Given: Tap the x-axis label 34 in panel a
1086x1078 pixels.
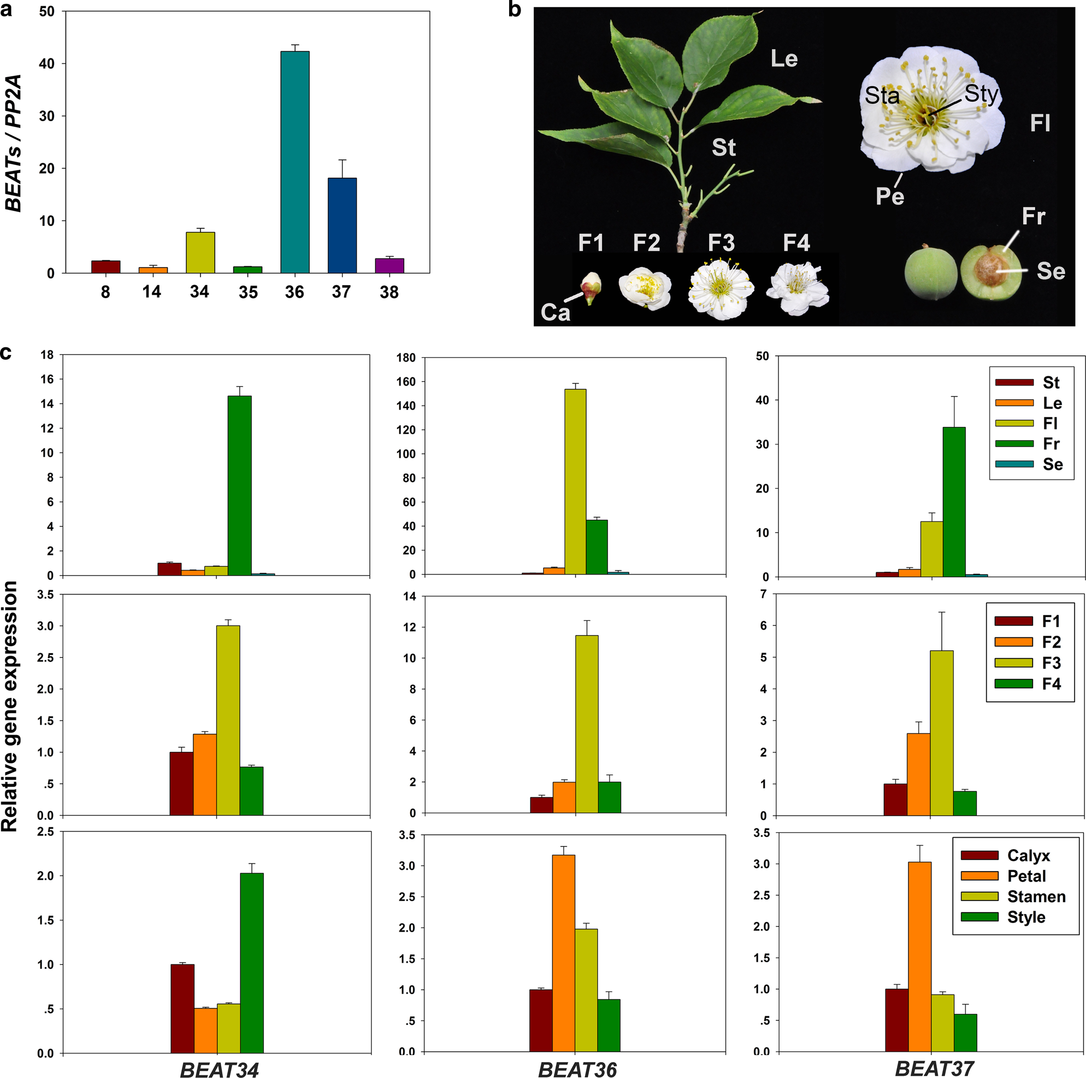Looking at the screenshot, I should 199,292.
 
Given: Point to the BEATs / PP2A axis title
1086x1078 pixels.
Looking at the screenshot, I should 14,143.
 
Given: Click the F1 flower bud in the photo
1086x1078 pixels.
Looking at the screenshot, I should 590,288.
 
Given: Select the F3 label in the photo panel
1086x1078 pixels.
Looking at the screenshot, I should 721,243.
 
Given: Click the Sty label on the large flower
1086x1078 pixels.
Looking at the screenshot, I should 981,94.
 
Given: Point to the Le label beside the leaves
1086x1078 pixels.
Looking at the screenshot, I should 783,58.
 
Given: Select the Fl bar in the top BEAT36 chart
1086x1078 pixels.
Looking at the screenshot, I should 575,481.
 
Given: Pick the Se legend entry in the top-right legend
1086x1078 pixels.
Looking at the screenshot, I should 1031,464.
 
